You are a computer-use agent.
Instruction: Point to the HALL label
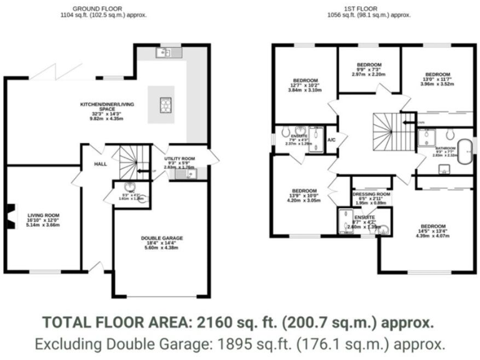coord(100,164)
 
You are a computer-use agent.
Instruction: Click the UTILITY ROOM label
coord(179,159)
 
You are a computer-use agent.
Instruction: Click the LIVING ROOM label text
coord(43,215)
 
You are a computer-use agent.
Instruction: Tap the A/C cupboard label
coord(331,139)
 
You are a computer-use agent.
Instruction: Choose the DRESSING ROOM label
coord(371,194)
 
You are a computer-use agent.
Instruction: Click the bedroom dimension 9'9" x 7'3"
coord(369,69)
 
